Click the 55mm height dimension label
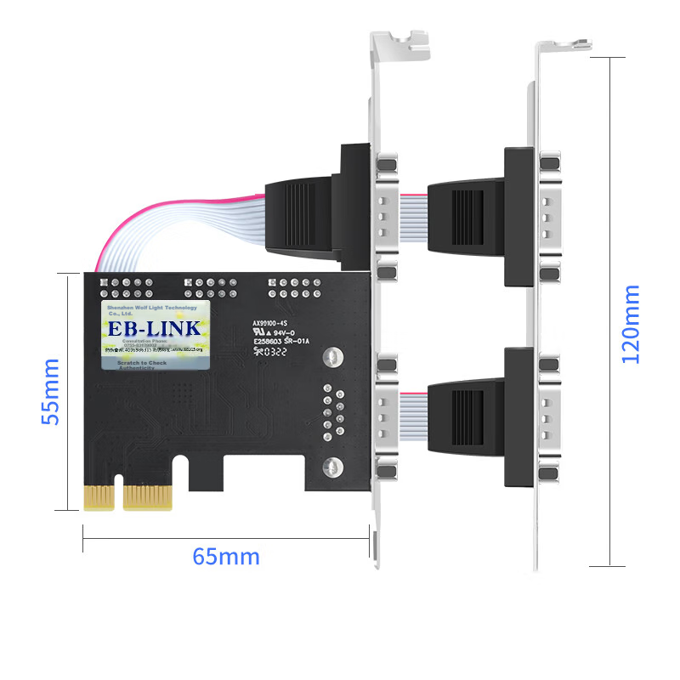click(x=51, y=391)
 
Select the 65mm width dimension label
click(x=225, y=558)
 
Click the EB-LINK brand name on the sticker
click(x=153, y=328)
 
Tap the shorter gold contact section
click(x=99, y=497)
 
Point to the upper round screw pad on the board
click(x=334, y=358)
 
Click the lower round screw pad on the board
click(x=333, y=466)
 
